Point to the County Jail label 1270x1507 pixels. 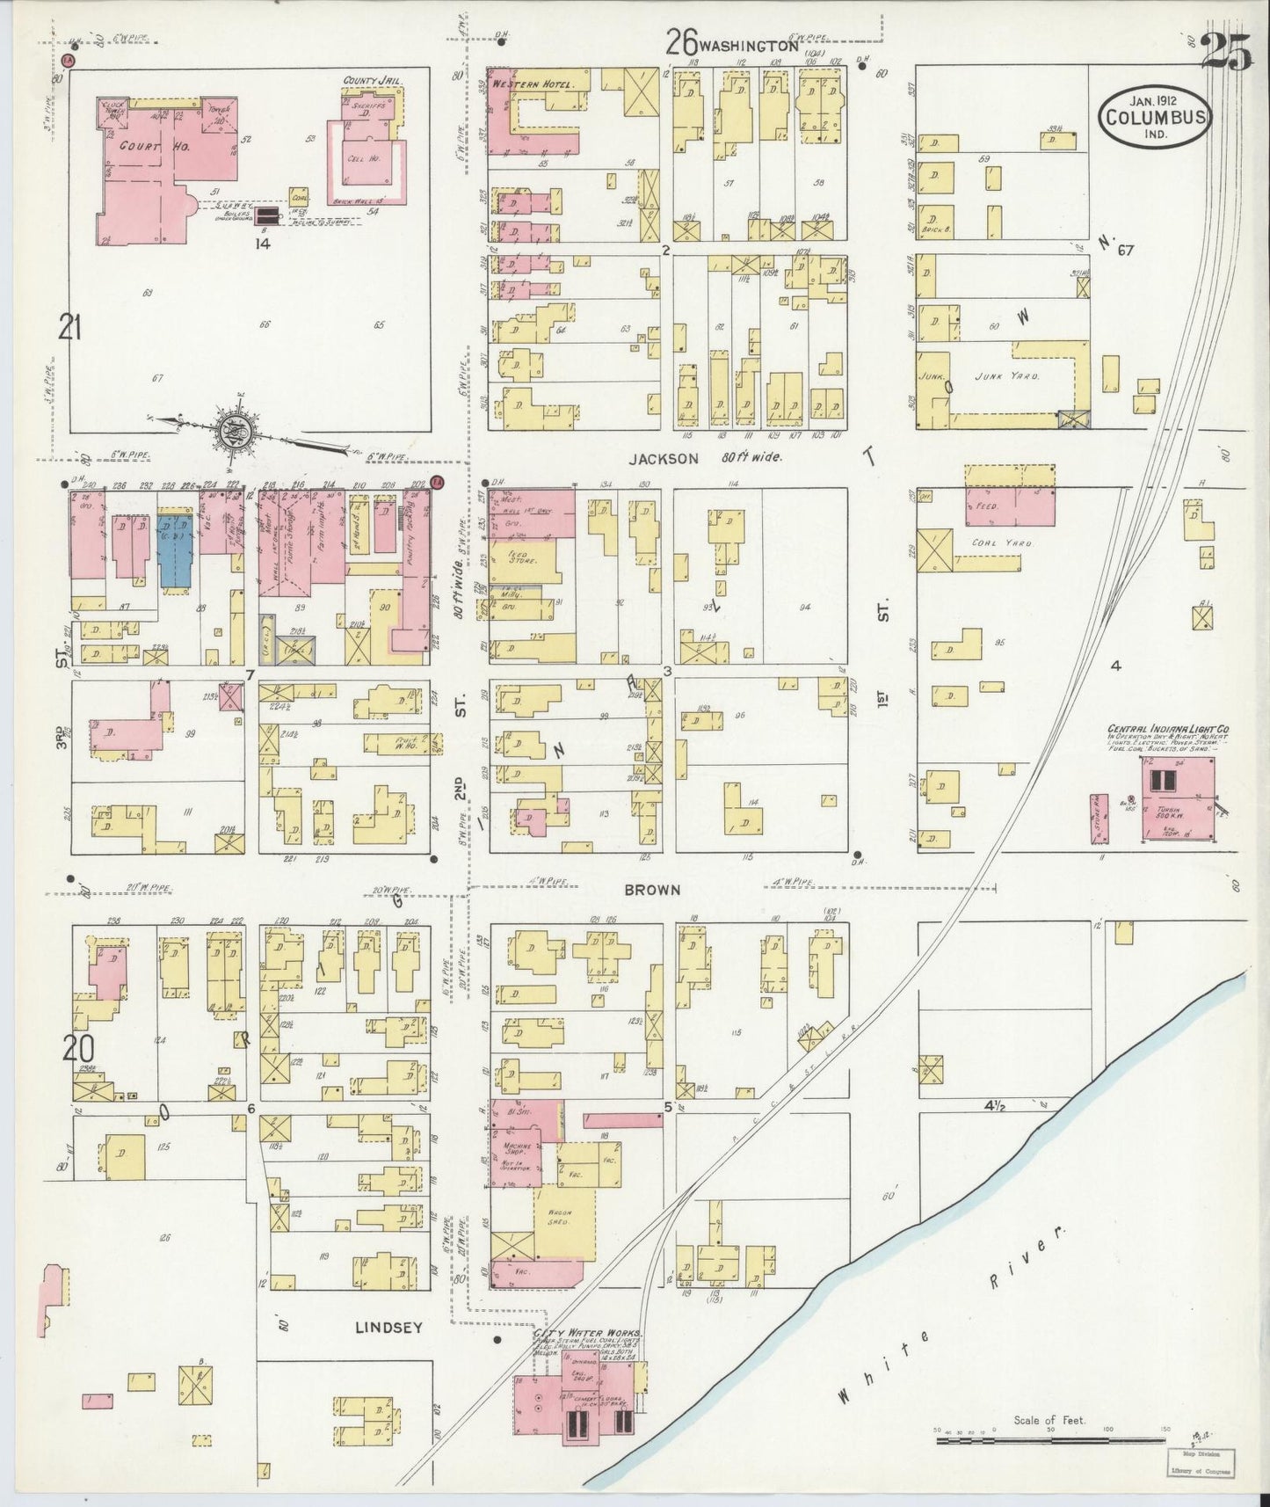click(376, 80)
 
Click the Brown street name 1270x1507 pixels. click(652, 890)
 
